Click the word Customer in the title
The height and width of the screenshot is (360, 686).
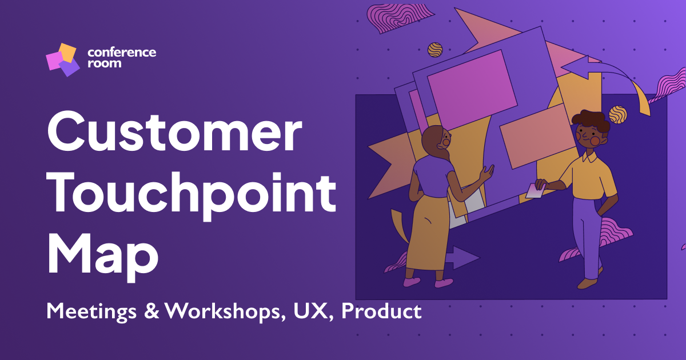click(x=174, y=131)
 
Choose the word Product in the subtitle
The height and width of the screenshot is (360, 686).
click(x=382, y=311)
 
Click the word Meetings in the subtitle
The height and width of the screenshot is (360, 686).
click(x=91, y=312)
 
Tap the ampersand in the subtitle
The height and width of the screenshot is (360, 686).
click(x=151, y=311)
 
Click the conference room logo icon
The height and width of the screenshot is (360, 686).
click(x=63, y=59)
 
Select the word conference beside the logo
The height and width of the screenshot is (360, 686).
click(x=122, y=53)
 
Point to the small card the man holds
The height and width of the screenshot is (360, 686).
click(x=535, y=191)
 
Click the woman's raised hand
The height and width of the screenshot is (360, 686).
click(x=486, y=173)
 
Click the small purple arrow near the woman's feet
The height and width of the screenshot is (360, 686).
click(x=462, y=258)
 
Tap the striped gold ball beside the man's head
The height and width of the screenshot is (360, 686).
click(x=618, y=115)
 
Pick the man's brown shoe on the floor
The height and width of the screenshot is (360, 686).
click(x=587, y=283)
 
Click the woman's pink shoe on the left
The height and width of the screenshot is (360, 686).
click(x=412, y=282)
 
